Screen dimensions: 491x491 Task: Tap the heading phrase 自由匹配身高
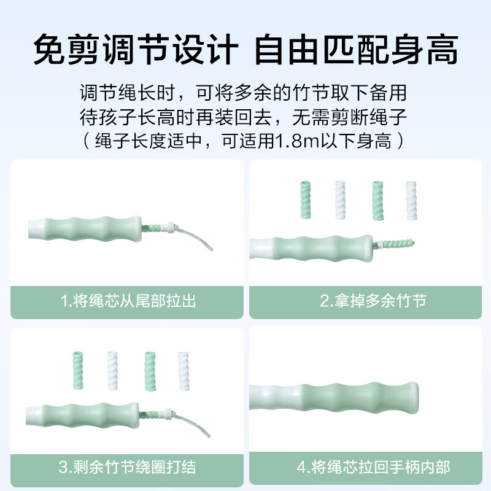[356, 50]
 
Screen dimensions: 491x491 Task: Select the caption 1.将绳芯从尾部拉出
[128, 301]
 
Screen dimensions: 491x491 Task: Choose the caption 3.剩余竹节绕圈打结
[128, 468]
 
